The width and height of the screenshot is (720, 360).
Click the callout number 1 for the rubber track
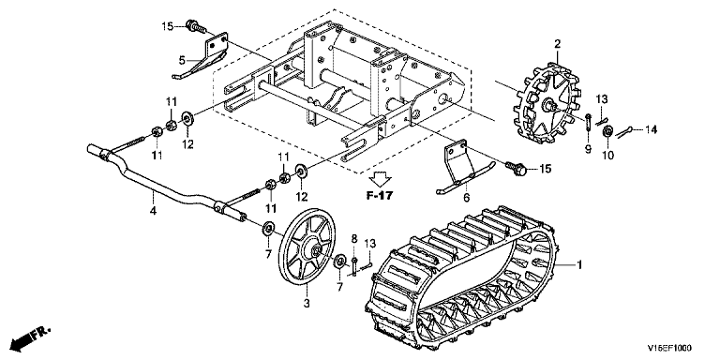coord(579,265)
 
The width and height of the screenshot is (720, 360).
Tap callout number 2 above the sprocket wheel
coord(558,45)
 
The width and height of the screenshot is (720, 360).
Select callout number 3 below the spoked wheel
coord(307,303)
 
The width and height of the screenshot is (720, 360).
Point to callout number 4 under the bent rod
coord(154,211)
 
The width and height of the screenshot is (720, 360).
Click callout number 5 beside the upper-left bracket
coord(182,60)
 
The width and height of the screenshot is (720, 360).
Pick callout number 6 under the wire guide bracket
coord(466,198)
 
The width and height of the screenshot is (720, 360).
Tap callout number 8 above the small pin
coord(354,238)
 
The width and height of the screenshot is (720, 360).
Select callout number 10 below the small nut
coord(607,156)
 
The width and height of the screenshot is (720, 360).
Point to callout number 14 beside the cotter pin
coord(651,130)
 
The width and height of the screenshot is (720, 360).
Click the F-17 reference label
coord(380,196)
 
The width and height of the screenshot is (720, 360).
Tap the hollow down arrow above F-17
coord(381,178)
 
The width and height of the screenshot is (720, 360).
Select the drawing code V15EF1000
coord(669,348)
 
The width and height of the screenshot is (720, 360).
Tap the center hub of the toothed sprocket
coord(547,105)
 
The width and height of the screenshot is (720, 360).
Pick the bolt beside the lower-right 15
coord(516,168)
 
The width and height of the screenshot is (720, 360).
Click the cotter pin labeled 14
coord(622,132)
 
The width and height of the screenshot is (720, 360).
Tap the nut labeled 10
coord(607,132)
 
